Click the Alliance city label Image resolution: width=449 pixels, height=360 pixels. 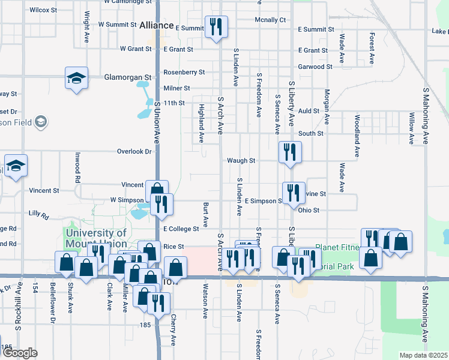click(x=155, y=26)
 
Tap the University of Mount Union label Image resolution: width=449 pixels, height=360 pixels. click(x=96, y=238)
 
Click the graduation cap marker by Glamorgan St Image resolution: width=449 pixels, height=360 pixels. click(x=77, y=79)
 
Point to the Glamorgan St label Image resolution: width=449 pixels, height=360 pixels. click(x=127, y=77)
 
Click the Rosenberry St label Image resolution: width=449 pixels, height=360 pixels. click(x=184, y=72)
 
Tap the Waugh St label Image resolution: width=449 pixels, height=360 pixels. click(x=241, y=161)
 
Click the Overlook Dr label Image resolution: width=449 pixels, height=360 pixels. click(x=134, y=152)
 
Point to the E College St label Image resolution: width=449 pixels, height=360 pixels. click(x=181, y=229)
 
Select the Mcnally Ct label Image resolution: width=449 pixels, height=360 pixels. click(x=270, y=20)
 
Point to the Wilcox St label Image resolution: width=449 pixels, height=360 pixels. click(x=43, y=10)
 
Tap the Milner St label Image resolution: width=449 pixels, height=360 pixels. click(x=176, y=88)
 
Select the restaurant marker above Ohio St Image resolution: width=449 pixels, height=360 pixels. click(x=292, y=193)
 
